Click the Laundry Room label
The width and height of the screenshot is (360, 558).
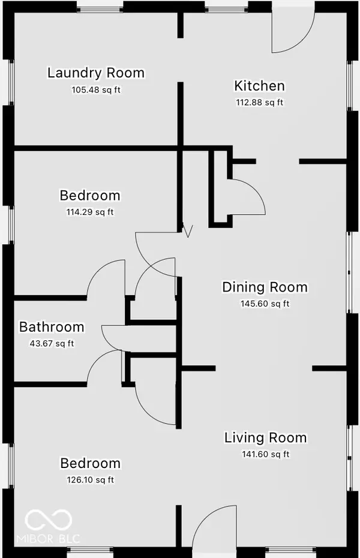coord(96,73)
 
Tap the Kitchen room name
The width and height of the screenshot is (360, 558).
coord(259,86)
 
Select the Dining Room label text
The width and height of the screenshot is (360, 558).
coord(265,287)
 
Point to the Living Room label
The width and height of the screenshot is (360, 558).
coord(265,437)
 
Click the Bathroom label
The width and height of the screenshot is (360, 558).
coord(52,327)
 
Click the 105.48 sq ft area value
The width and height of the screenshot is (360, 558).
coord(96,90)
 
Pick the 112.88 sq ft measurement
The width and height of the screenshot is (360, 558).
coord(259,103)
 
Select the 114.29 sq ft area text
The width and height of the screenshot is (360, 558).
coord(89,212)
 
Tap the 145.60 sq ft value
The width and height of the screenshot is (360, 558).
coord(265,304)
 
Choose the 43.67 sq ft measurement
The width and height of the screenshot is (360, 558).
coord(51,344)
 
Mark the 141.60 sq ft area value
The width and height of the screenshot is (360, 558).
coord(265,454)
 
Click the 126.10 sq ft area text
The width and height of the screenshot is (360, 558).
coord(90,479)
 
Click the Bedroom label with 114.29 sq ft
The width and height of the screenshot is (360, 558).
coord(90,196)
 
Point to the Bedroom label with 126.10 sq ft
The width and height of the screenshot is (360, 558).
coord(90,463)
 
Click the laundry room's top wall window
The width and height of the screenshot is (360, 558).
coord(100,9)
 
